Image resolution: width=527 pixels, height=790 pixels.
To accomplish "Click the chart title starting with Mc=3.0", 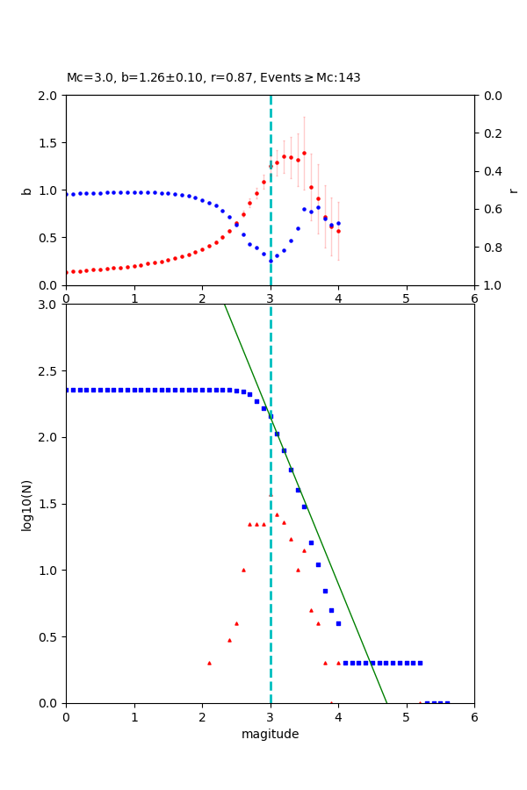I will tap(213, 78).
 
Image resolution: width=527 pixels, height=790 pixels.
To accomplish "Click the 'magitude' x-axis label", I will tap(270, 734).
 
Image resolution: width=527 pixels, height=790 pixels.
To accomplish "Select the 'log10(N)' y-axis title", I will tap(27, 504).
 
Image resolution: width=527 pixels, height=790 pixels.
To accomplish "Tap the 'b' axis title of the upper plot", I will tap(27, 190).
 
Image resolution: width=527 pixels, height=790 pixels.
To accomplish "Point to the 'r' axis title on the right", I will tap(513, 190).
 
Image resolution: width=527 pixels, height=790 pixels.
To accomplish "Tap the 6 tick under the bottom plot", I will tap(474, 717).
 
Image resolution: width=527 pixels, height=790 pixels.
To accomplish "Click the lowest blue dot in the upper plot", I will tap(271, 260).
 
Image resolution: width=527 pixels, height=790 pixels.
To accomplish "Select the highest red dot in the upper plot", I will tap(304, 153).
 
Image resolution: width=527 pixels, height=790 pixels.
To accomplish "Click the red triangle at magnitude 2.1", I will tap(209, 663).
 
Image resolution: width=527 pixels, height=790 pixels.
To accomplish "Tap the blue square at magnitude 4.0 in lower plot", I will tap(338, 623).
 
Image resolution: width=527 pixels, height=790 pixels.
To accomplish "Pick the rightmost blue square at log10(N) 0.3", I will tap(420, 663).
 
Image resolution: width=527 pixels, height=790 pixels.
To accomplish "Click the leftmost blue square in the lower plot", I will tap(67, 390).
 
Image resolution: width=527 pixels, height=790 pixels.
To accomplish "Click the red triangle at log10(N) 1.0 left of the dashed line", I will tap(243, 570).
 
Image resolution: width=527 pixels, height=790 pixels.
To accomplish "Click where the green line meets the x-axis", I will tap(386, 702).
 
